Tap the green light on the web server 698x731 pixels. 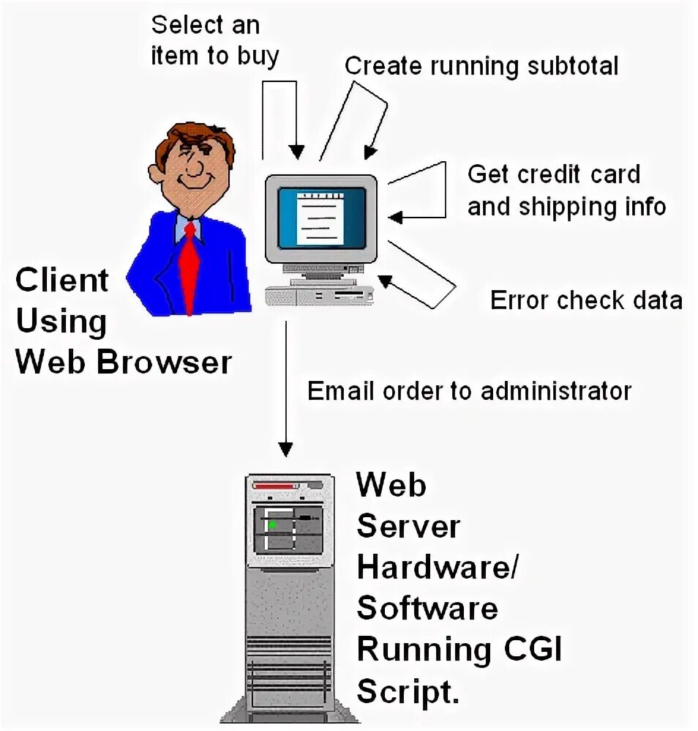[272, 524]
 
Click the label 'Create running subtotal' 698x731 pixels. [481, 66]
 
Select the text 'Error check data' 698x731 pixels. [586, 300]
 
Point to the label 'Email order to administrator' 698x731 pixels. [469, 390]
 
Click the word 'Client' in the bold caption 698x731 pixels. [62, 281]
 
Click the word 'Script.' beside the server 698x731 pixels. [408, 690]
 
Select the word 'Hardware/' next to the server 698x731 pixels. [437, 567]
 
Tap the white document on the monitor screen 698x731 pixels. [319, 218]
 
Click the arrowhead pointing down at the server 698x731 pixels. [286, 449]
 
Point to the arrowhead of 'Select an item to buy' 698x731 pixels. [296, 151]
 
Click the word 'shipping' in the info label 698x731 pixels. [567, 207]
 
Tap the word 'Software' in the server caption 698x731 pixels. [428, 608]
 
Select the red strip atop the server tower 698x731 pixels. [277, 486]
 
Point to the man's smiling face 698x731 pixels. [192, 164]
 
